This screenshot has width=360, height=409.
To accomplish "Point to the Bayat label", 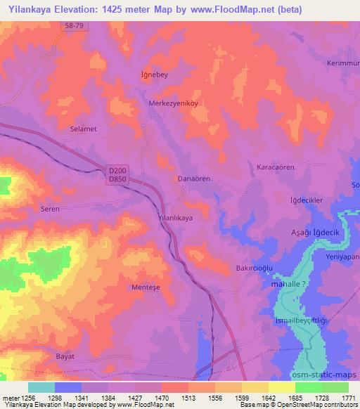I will pyautogui.click(x=65, y=356).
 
